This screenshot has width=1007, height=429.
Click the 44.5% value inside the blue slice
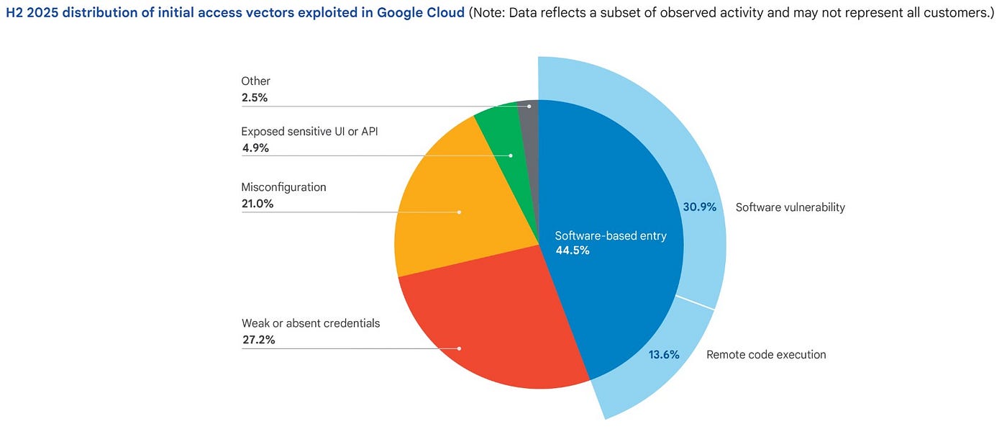[x=573, y=250]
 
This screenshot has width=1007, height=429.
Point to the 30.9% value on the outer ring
[x=699, y=207]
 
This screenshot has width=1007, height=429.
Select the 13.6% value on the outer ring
[x=663, y=354]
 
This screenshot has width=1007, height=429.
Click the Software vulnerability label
[x=790, y=207]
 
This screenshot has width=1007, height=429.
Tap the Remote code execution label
[x=766, y=355]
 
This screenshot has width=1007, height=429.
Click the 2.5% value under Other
[x=255, y=97]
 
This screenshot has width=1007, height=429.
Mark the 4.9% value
[x=255, y=148]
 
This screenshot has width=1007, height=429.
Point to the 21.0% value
[x=258, y=204]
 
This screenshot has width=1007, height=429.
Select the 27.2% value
[x=258, y=340]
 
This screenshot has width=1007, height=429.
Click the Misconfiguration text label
[x=283, y=187]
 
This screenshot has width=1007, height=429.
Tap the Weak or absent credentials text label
[x=310, y=323]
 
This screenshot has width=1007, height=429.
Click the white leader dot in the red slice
[x=459, y=348]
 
